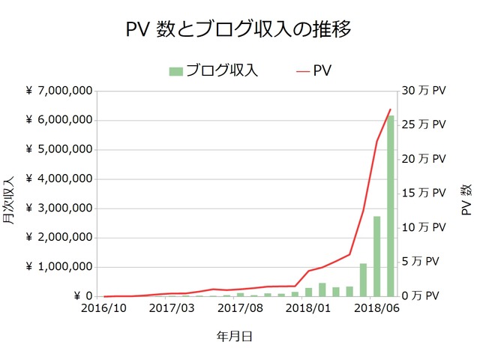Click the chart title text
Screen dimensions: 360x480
tap(239, 29)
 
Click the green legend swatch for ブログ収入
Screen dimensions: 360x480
tap(175, 71)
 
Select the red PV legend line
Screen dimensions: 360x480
tap(303, 71)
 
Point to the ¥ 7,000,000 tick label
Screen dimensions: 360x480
tap(59, 91)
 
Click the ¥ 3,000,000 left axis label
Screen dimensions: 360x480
tap(59, 208)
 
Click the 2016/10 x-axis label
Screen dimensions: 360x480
tap(104, 308)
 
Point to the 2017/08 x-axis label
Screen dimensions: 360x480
tap(239, 308)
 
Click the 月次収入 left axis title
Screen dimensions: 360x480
tap(10, 199)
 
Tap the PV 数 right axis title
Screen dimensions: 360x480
tap(466, 199)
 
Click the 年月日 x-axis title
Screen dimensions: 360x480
tap(239, 337)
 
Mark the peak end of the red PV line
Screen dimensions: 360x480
tap(391, 109)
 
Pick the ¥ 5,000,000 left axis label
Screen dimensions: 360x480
tap(59, 149)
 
